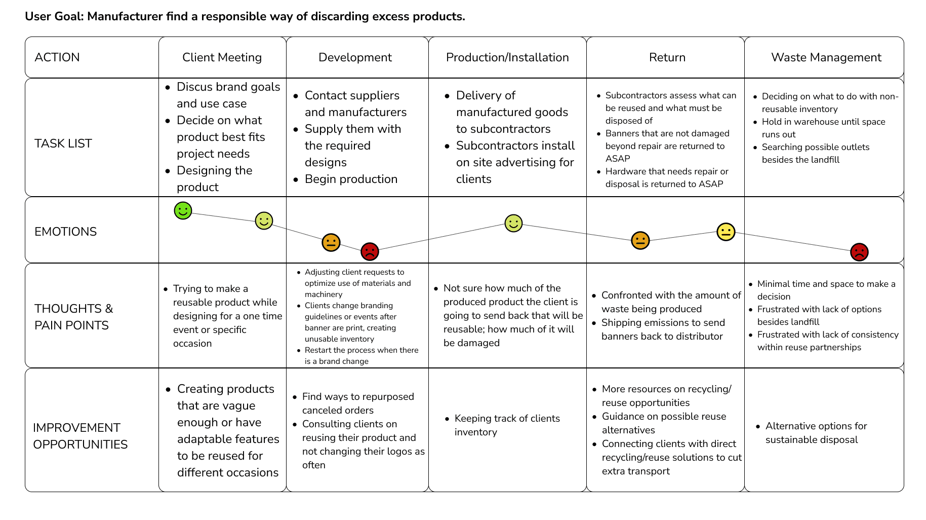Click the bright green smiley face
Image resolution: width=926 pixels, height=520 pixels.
[x=183, y=210]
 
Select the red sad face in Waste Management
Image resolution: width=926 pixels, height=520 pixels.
[x=859, y=252]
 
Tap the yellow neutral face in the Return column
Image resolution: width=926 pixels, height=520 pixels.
[x=726, y=232]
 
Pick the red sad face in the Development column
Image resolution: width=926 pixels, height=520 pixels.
[x=370, y=251]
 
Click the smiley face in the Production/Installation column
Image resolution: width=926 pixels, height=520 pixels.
[x=513, y=223]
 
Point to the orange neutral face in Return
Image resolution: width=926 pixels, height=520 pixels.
[x=640, y=240]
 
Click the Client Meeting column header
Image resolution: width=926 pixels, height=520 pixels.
[x=222, y=57]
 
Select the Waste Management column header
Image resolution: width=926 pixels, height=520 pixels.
[x=826, y=57]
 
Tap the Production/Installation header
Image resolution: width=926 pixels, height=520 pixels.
[x=507, y=57]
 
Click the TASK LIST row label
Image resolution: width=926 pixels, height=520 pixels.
[x=63, y=143]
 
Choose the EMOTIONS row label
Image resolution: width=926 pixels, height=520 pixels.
[x=65, y=232]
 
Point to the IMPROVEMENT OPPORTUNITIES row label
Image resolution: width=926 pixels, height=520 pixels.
[x=80, y=436]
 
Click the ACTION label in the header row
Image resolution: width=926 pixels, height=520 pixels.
[x=57, y=57]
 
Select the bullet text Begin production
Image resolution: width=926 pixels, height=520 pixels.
[x=351, y=179]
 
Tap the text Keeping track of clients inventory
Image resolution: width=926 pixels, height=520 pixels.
[x=507, y=425]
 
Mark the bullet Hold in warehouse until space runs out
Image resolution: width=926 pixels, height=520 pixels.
[x=823, y=128]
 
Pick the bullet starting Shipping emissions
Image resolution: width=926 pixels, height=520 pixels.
[x=663, y=329]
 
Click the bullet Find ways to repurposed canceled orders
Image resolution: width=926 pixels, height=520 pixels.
[x=358, y=403]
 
